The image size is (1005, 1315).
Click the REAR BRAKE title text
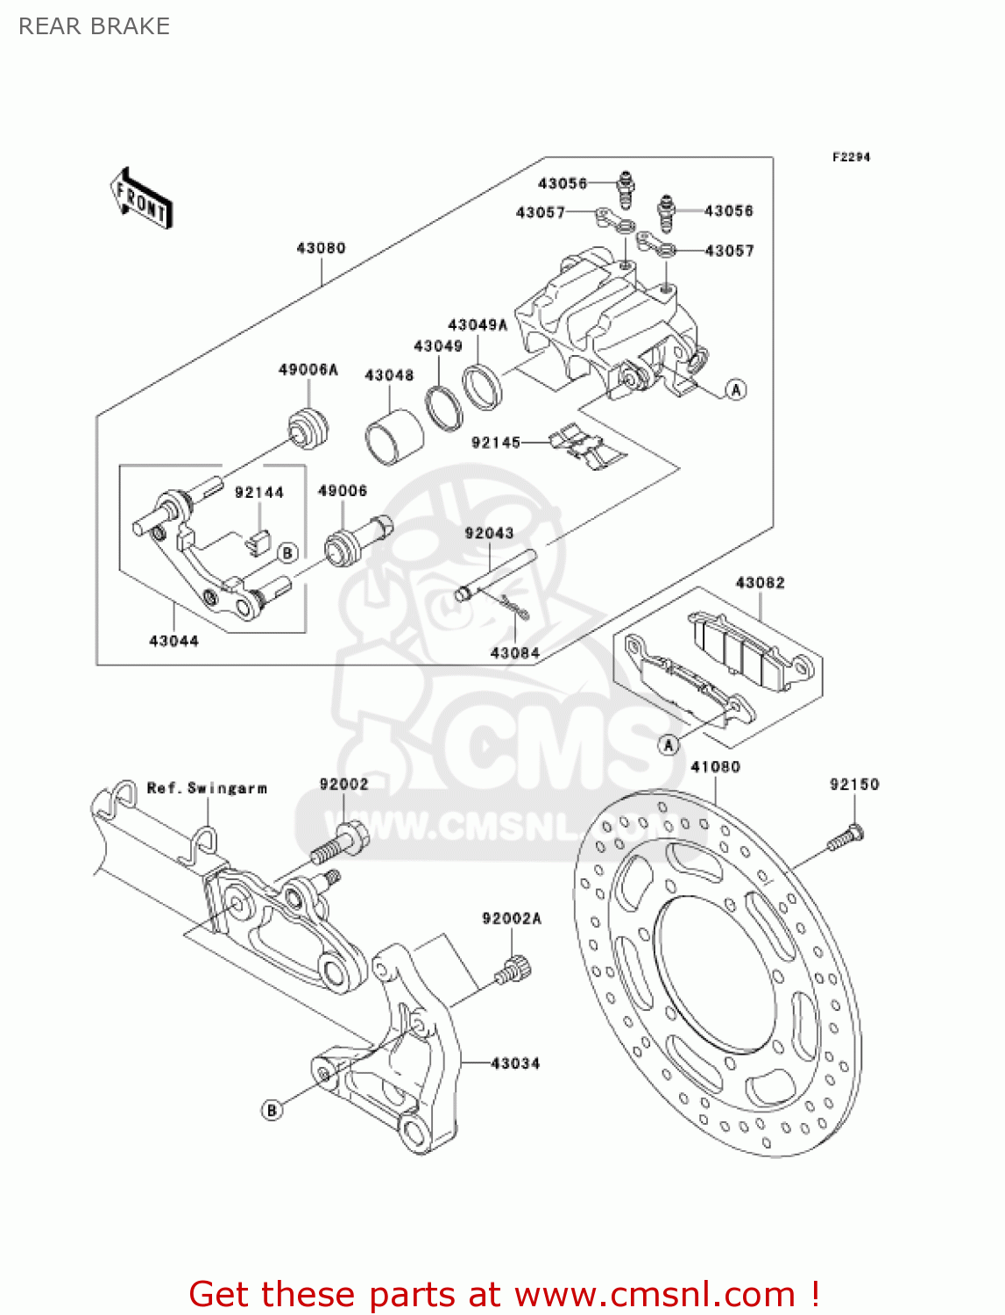(x=94, y=26)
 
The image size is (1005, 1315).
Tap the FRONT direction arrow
(x=141, y=199)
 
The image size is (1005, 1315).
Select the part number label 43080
(x=321, y=248)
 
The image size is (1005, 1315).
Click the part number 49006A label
(x=308, y=370)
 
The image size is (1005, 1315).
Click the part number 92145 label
(x=496, y=443)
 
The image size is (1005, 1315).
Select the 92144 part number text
(x=259, y=493)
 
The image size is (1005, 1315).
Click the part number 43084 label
(x=514, y=653)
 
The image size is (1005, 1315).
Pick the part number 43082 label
(x=760, y=583)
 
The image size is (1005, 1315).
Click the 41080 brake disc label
(x=715, y=767)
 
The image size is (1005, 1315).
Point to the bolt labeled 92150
(x=845, y=838)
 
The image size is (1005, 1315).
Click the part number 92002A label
(x=512, y=919)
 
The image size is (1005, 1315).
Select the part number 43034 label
(x=515, y=1063)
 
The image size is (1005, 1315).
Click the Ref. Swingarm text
(x=207, y=788)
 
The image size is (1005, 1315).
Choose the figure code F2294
(x=851, y=157)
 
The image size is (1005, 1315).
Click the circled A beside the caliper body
(x=736, y=389)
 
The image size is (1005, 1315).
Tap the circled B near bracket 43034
(x=272, y=1110)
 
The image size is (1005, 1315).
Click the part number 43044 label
(x=173, y=641)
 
